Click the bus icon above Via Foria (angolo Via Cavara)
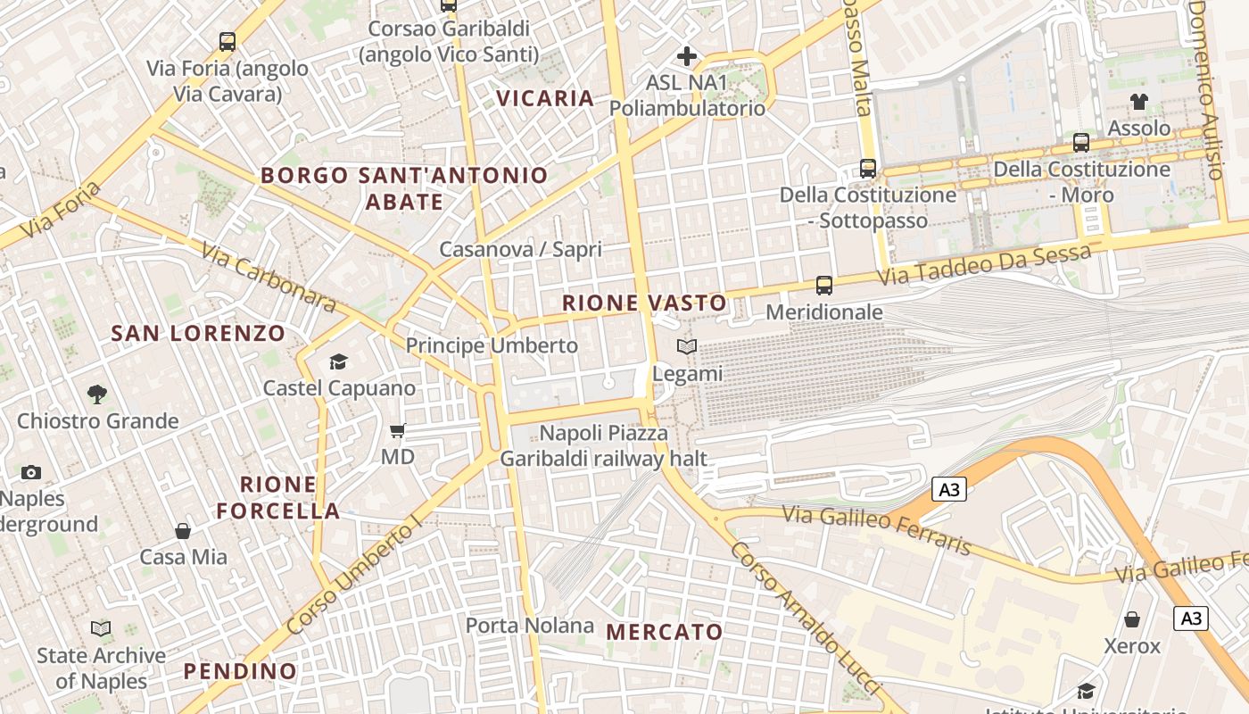(x=227, y=41)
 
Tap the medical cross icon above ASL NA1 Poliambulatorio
(x=686, y=56)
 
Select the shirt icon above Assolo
(x=1139, y=102)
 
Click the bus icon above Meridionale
(x=824, y=286)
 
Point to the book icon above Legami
(x=686, y=346)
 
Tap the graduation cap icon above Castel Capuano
(x=338, y=361)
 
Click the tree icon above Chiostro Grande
(x=97, y=394)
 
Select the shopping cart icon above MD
(x=398, y=430)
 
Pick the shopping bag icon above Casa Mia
(x=183, y=531)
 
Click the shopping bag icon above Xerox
(x=1132, y=619)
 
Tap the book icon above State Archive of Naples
(x=101, y=629)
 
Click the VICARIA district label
(x=545, y=98)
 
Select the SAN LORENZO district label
(x=198, y=334)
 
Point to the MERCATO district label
(x=665, y=632)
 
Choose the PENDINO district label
(x=240, y=671)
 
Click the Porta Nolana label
(x=530, y=626)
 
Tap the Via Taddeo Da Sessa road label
(x=984, y=265)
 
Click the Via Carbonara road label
(x=269, y=278)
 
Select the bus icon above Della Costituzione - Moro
(x=1081, y=142)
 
